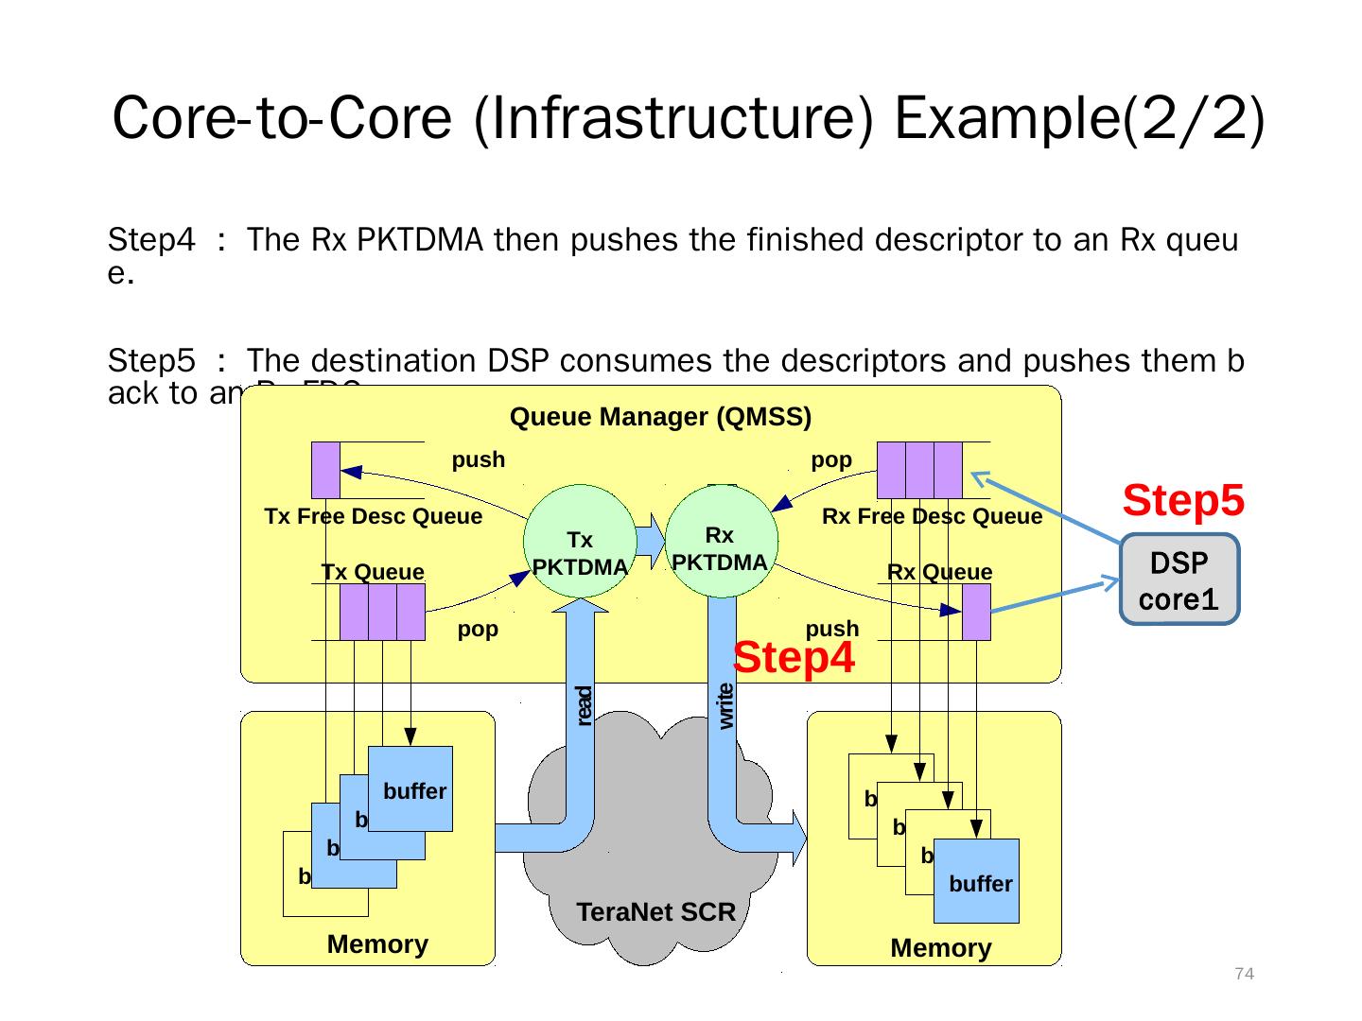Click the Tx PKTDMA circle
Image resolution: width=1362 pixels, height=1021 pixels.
[x=580, y=542]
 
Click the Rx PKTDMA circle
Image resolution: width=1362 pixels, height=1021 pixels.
[x=722, y=542]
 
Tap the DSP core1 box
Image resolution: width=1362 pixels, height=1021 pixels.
[x=1179, y=580]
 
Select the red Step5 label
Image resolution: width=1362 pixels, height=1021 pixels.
[x=1182, y=501]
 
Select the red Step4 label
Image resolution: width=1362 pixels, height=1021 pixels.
[x=794, y=658]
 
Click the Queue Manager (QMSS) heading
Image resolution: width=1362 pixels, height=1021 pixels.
[x=660, y=417]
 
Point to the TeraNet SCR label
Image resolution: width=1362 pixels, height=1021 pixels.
[x=655, y=912]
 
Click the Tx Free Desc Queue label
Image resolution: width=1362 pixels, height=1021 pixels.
[x=374, y=517]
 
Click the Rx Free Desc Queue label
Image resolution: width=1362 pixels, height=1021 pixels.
[x=932, y=517]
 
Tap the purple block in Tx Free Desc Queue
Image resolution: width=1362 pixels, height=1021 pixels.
[x=325, y=470]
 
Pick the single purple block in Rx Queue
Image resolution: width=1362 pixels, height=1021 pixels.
[x=976, y=612]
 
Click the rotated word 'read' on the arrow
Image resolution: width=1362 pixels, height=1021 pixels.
[x=584, y=706]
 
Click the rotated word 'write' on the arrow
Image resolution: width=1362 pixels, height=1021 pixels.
[x=725, y=706]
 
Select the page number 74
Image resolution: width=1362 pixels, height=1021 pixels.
[x=1245, y=975]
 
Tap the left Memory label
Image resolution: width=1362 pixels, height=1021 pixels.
[x=377, y=944]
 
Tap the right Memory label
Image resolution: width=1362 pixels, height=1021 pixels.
[x=941, y=948]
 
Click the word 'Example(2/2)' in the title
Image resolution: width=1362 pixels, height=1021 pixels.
[x=1079, y=118]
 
